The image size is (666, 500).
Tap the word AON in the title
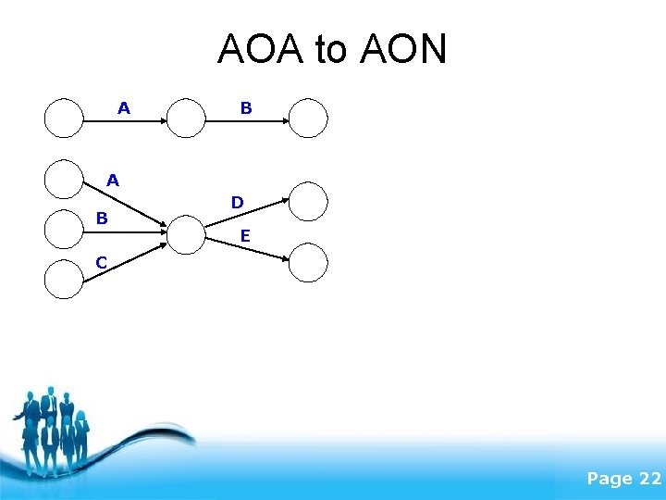[402, 50]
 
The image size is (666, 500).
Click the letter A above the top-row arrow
[124, 108]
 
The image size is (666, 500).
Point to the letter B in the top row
[246, 108]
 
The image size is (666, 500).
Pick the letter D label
[238, 202]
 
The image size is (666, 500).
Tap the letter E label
[244, 236]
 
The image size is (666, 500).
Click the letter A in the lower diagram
[112, 180]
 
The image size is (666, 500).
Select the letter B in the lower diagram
[103, 219]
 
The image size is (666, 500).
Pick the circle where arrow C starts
[64, 279]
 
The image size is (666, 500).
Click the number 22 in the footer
[648, 479]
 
